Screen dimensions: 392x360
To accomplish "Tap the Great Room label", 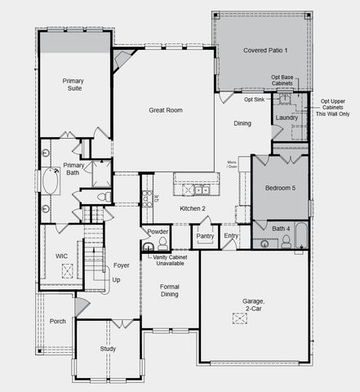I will pyautogui.click(x=164, y=109).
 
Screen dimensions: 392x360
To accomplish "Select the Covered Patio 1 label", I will pyautogui.click(x=265, y=51).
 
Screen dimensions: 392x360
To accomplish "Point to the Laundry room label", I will pyautogui.click(x=287, y=118).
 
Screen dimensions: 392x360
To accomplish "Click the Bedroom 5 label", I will pyautogui.click(x=281, y=188).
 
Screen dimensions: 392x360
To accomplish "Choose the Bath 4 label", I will pyautogui.click(x=281, y=228).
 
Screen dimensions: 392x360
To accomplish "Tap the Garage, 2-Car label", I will pyautogui.click(x=253, y=305).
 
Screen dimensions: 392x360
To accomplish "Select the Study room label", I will pyautogui.click(x=108, y=349).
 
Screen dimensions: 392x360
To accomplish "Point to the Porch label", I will pyautogui.click(x=57, y=321).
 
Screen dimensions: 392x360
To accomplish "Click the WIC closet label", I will pyautogui.click(x=61, y=255).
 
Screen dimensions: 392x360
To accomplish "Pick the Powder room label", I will pyautogui.click(x=158, y=231).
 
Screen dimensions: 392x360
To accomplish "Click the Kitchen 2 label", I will pyautogui.click(x=192, y=209).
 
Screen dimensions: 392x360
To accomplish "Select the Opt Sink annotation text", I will pyautogui.click(x=254, y=100).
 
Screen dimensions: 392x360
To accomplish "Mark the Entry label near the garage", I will pyautogui.click(x=231, y=236).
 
